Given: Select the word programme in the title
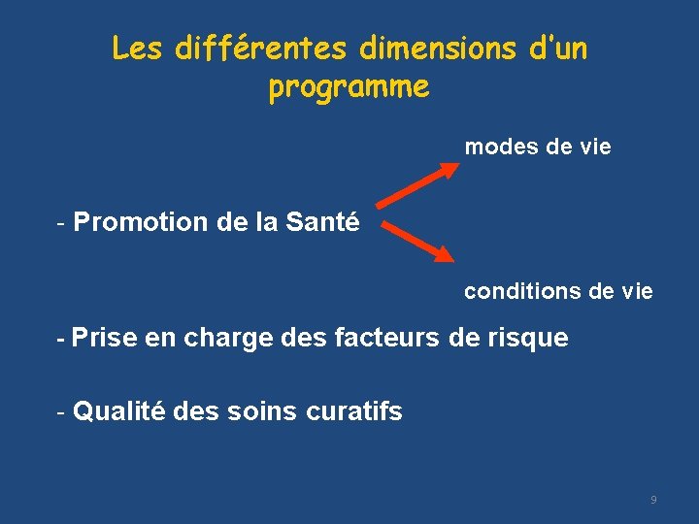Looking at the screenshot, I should click(x=349, y=87).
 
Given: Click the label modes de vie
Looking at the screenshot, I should click(x=538, y=147).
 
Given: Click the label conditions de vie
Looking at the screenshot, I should click(x=558, y=291).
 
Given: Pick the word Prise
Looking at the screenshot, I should click(x=104, y=339).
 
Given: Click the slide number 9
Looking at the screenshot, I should click(x=653, y=500).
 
